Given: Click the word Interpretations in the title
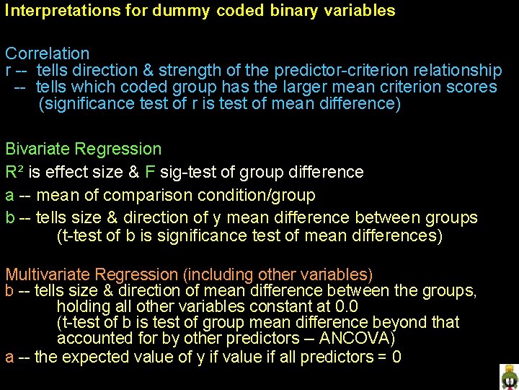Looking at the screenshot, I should tap(49, 11).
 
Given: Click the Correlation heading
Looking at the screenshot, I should tap(48, 53).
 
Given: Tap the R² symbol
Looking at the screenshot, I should tap(14, 173).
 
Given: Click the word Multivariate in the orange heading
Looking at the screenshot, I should tap(48, 274).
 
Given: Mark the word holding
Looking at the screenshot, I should tap(84, 306).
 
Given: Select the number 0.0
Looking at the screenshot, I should tap(347, 306).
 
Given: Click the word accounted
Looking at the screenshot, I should tap(92, 338).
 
